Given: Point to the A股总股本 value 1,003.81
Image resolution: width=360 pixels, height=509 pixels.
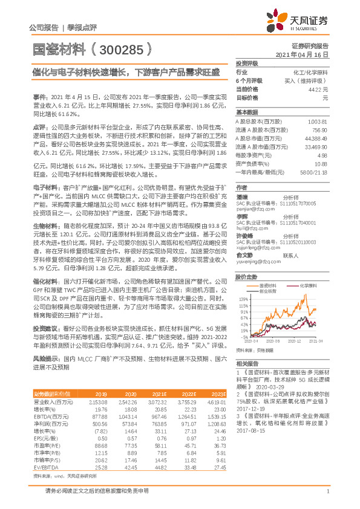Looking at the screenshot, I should pyautogui.click(x=318, y=122).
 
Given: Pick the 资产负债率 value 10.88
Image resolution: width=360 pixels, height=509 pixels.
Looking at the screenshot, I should pyautogui.click(x=321, y=163).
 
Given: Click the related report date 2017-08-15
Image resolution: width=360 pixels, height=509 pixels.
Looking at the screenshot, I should pyautogui.click(x=253, y=432).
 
